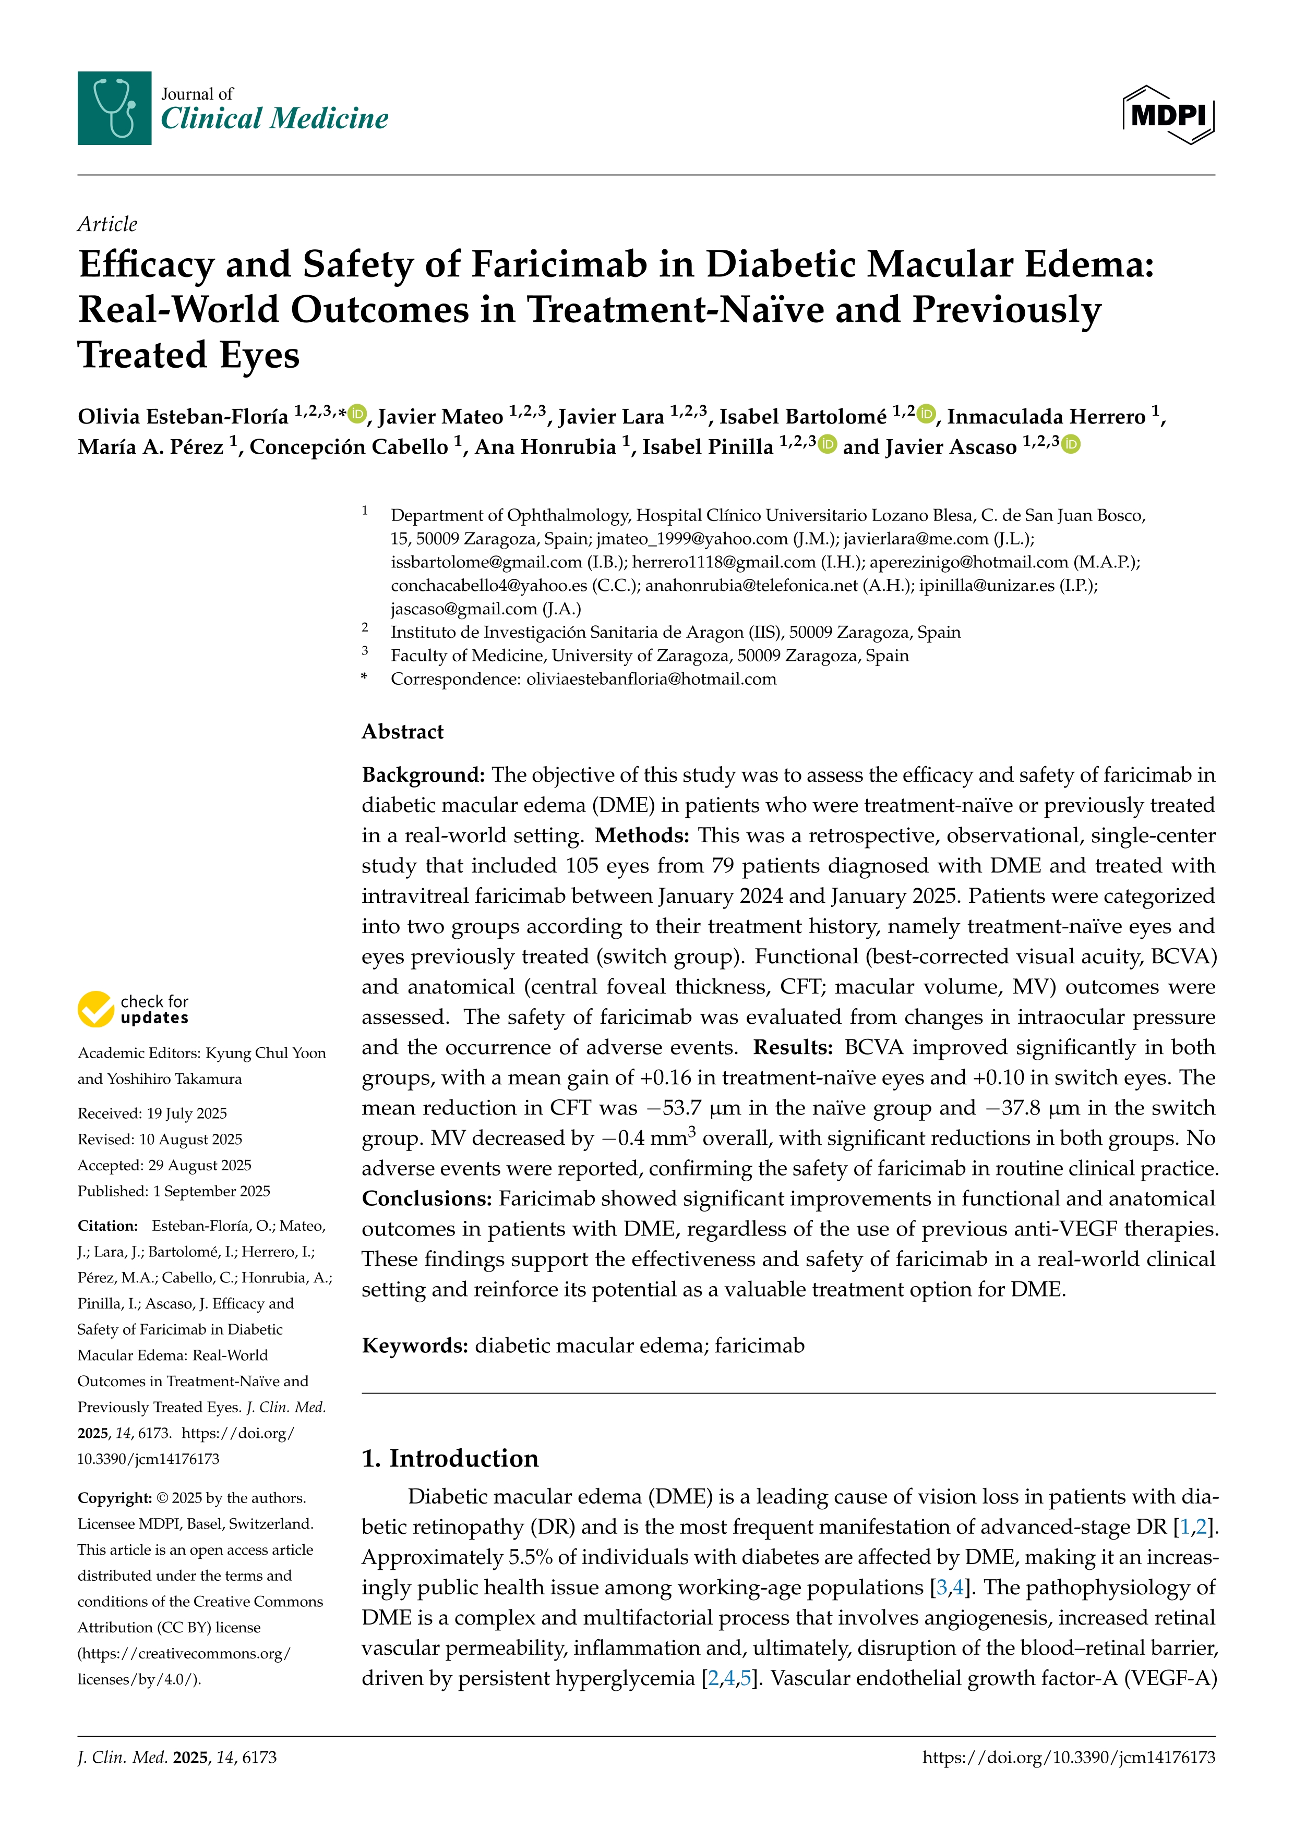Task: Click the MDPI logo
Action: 1168,115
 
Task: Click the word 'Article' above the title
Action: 107,224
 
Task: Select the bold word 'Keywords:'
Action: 414,1346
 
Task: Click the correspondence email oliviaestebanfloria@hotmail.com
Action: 651,679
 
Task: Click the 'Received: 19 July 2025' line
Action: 152,1113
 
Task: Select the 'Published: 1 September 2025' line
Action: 174,1191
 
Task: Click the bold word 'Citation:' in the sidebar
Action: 107,1225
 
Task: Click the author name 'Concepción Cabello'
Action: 349,447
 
